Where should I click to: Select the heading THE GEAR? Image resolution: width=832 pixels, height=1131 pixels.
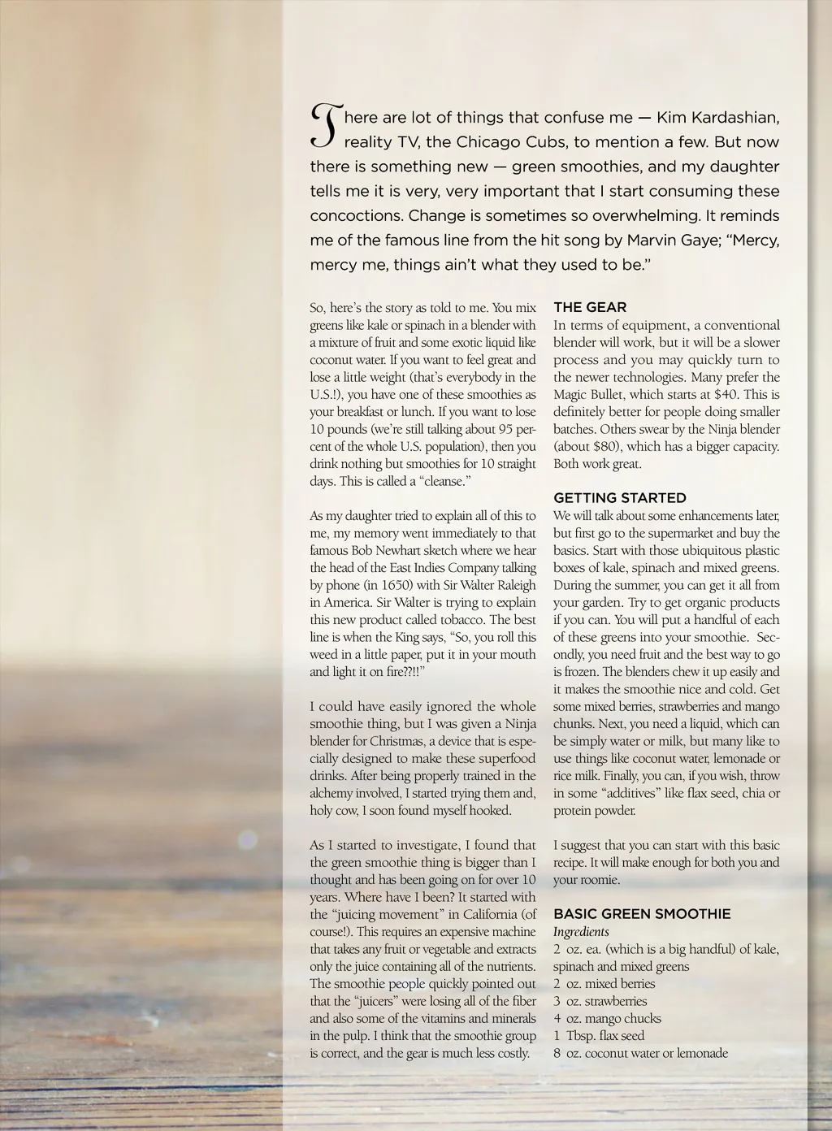[590, 307]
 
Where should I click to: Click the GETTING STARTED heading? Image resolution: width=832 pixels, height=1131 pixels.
[620, 497]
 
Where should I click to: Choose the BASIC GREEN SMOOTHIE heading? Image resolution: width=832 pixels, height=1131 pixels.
[642, 914]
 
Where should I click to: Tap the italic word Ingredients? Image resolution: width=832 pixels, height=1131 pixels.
[581, 932]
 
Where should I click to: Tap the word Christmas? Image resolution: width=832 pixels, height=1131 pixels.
[397, 741]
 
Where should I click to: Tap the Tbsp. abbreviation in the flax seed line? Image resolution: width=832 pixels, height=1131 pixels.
[581, 1036]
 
